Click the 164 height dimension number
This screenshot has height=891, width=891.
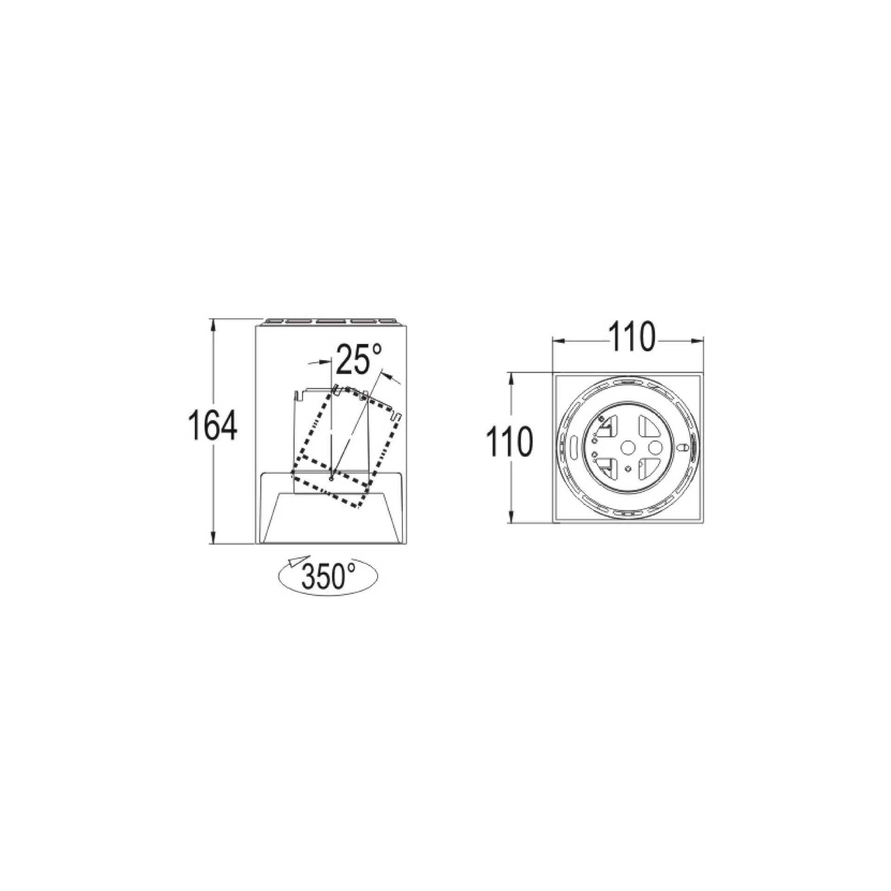[213, 425]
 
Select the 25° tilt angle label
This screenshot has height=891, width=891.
[359, 359]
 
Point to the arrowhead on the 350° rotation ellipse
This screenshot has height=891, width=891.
[292, 562]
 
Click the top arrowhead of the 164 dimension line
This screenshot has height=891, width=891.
[213, 324]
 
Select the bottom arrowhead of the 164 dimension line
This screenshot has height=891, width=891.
[213, 537]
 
